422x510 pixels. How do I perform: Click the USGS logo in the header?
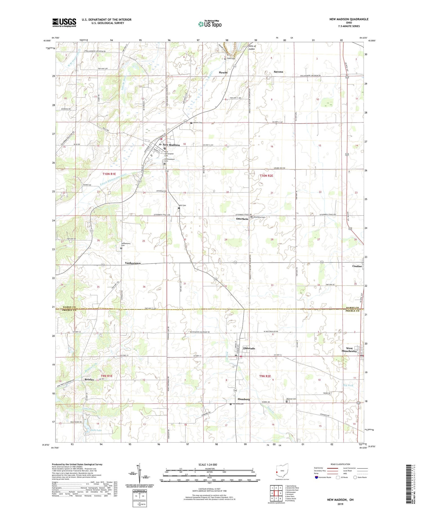pos(64,23)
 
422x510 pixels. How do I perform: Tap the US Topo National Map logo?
pos(210,24)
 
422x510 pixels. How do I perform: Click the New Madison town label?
pos(171,145)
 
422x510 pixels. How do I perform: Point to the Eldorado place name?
pos(249,348)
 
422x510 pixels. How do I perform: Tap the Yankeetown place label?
pos(133,263)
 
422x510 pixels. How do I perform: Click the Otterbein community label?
pos(242,219)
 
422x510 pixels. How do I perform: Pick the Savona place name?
pos(278,72)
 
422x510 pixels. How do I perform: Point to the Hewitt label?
pos(223,73)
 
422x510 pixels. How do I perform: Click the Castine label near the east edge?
pos(357,266)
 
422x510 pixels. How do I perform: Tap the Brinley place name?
pos(89,379)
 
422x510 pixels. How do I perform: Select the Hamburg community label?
pos(244,399)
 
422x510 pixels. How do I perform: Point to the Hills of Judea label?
pos(252,48)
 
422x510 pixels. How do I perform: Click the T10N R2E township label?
pos(266,176)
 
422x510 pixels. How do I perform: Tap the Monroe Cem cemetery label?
pos(291,399)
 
